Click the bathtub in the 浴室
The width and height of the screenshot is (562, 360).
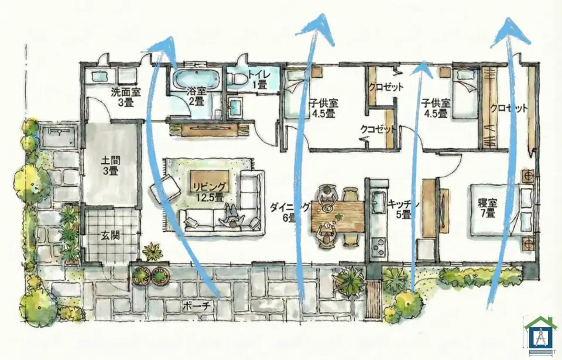pos(196,79)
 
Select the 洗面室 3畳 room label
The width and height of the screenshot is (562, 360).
pos(125,97)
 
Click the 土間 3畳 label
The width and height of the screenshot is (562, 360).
pos(111,165)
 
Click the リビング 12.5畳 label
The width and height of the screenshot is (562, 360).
pos(210,192)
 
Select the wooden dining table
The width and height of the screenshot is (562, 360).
pos(338,216)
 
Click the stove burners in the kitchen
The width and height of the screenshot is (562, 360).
pos(379,246)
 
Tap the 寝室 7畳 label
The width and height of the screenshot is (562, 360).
pos(488,208)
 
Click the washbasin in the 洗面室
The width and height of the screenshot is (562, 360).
pos(100,76)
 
